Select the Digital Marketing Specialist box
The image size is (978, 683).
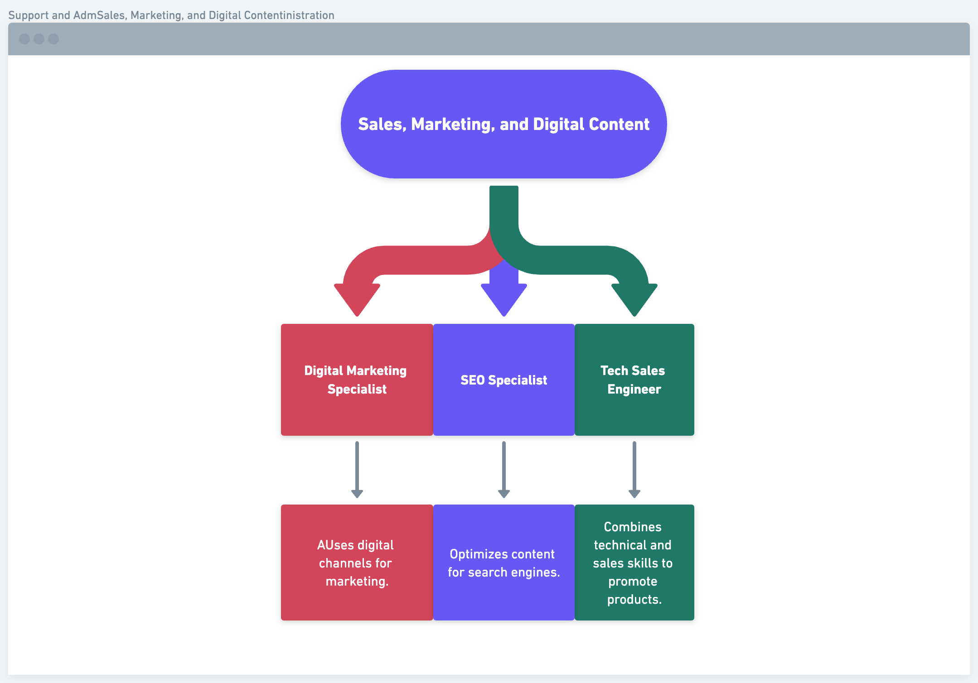[x=357, y=408]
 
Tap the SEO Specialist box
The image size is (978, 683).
[x=504, y=408]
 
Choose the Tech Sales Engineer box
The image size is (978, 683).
[x=634, y=412]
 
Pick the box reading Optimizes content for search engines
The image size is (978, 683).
[x=504, y=598]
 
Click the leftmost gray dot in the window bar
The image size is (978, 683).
[x=24, y=39]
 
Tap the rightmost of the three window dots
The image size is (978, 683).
[x=53, y=39]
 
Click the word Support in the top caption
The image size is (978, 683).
[x=28, y=15]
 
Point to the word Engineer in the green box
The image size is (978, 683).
[x=634, y=389]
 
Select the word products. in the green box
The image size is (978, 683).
[x=634, y=599]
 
